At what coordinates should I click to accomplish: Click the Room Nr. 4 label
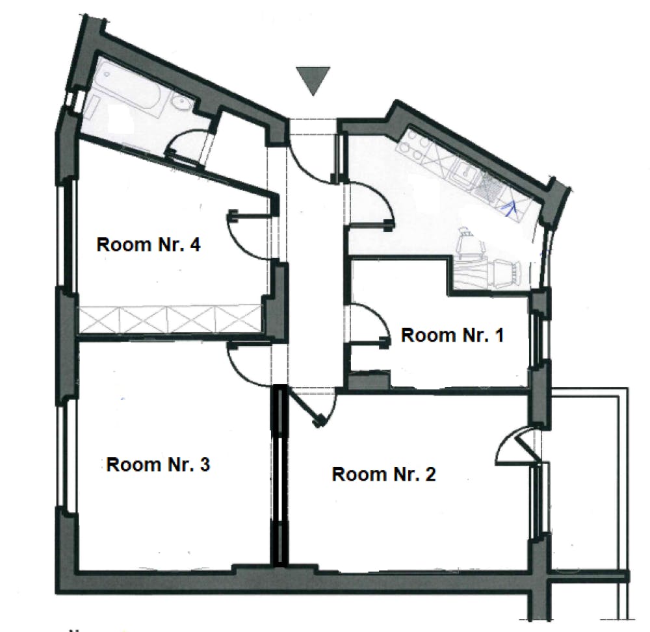[x=148, y=244]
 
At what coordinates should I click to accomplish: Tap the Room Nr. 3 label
[x=158, y=464]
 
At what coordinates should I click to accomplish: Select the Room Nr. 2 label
[x=384, y=474]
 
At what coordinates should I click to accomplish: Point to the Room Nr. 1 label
[x=452, y=335]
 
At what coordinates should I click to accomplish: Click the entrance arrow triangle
[x=313, y=81]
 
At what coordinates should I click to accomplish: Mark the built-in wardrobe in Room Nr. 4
[x=170, y=319]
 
